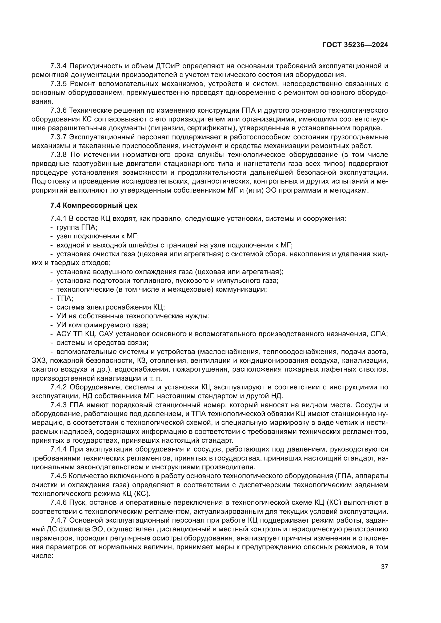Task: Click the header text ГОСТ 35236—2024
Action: [355, 45]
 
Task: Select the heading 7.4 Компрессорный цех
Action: [94, 205]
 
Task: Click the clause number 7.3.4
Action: [58, 66]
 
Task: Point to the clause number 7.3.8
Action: [58, 155]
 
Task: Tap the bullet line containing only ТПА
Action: [65, 298]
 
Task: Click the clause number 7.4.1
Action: [58, 218]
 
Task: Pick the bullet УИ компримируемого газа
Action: [102, 325]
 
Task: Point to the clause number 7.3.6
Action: [58, 111]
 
